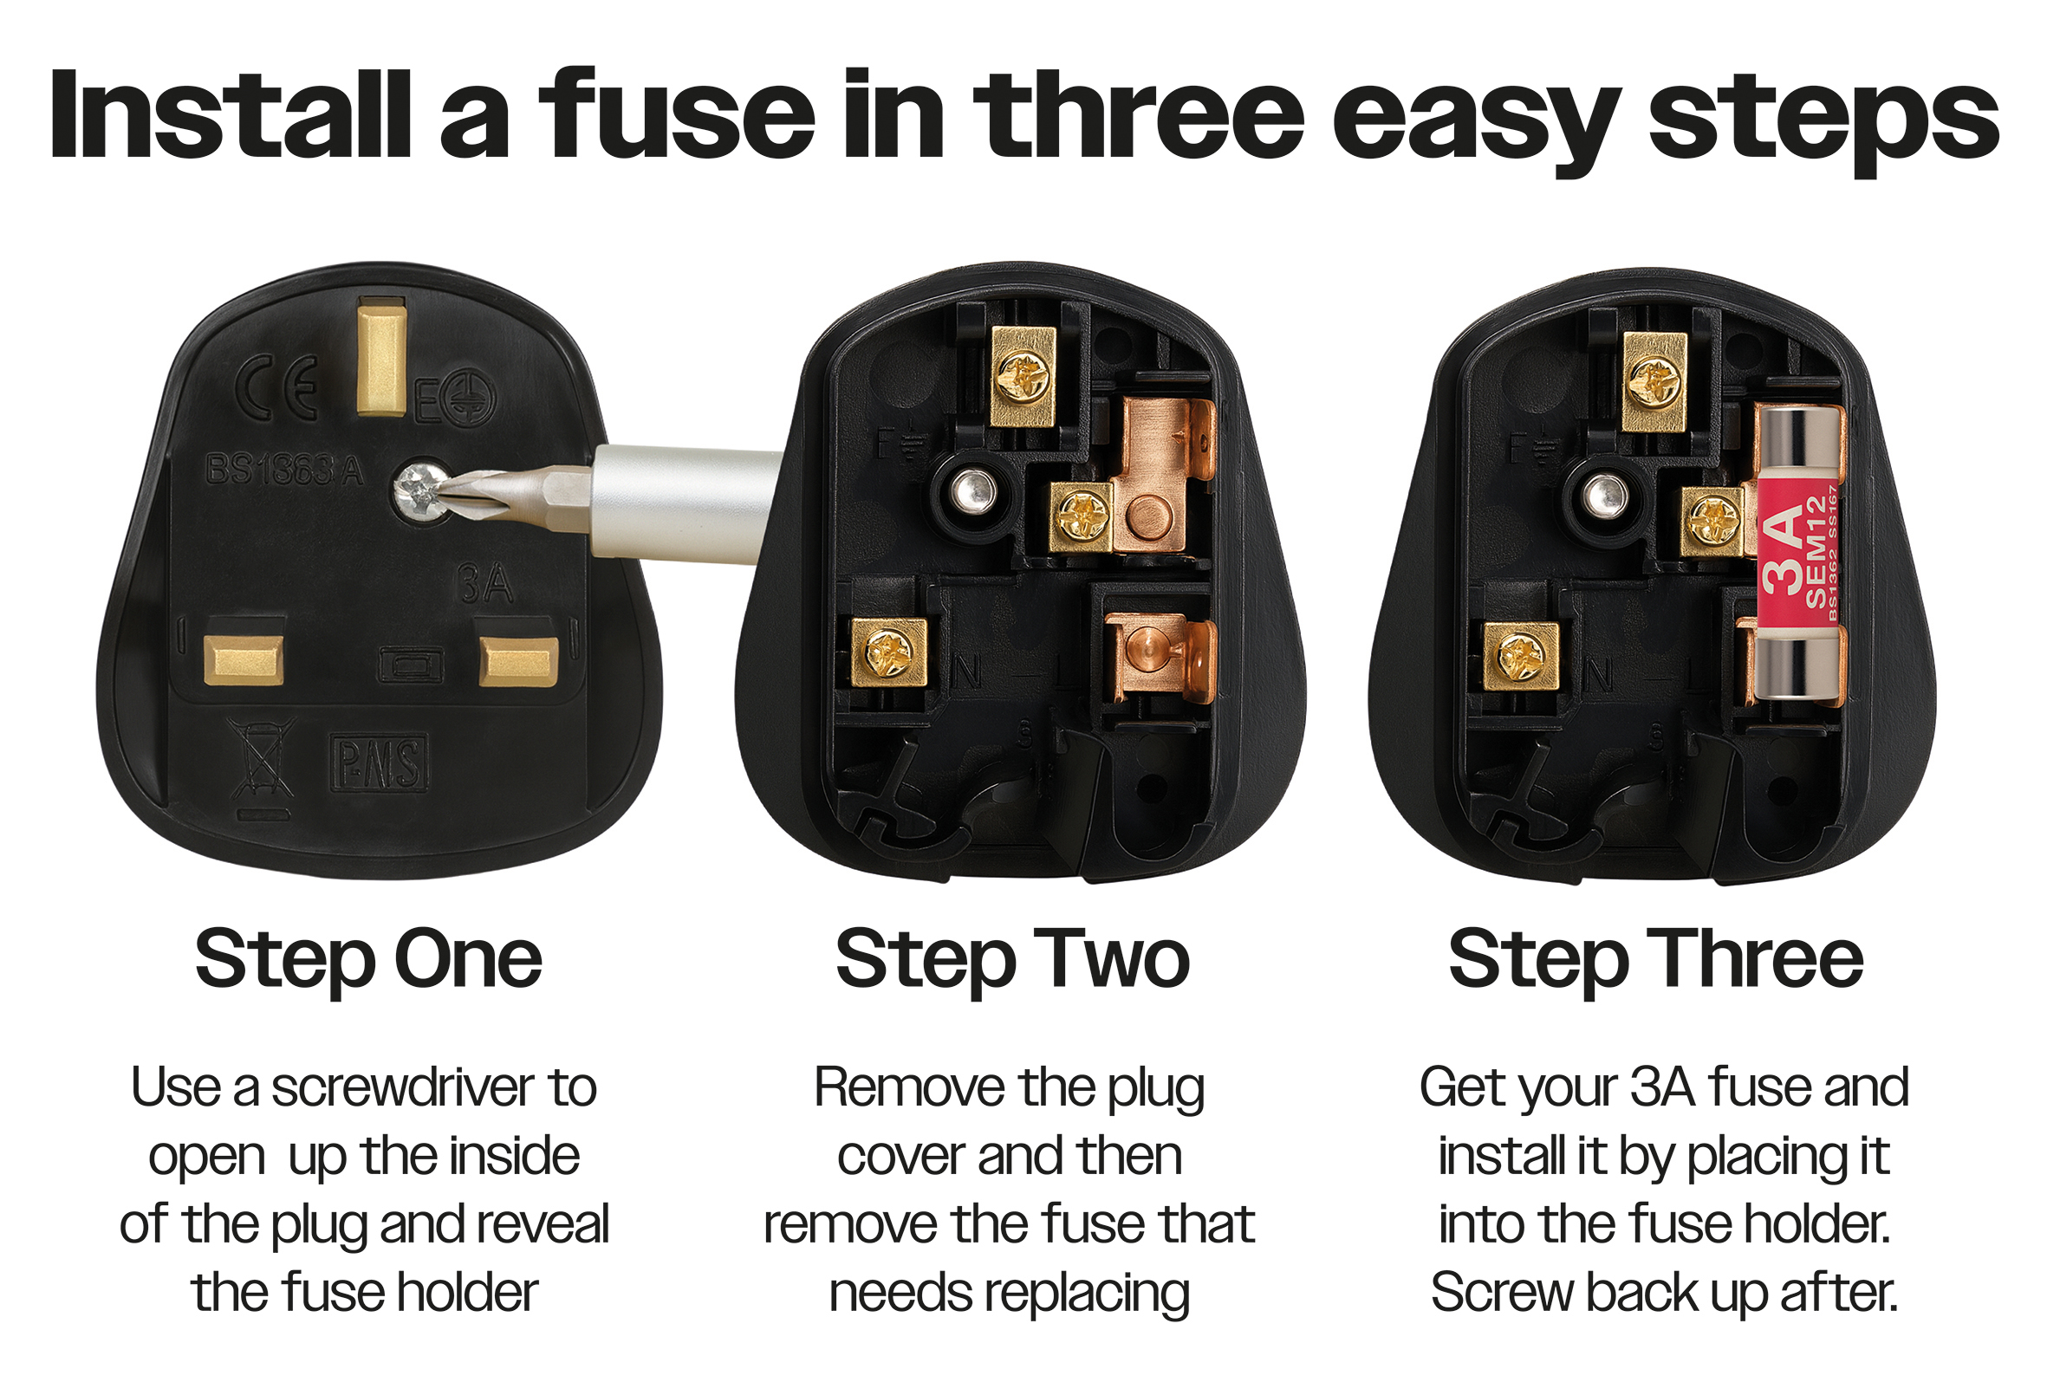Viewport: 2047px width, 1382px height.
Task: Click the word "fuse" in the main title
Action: click(676, 114)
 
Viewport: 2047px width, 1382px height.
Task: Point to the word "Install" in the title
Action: click(231, 114)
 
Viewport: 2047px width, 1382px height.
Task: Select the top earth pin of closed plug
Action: click(381, 357)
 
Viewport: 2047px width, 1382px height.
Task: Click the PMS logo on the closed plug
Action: click(379, 762)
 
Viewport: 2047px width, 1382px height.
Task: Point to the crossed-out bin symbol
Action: click(262, 759)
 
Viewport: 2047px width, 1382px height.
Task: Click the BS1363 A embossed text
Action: click(283, 470)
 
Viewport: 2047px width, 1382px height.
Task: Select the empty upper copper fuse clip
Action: click(1163, 476)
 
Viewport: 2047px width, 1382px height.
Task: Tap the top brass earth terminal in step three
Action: click(1654, 382)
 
